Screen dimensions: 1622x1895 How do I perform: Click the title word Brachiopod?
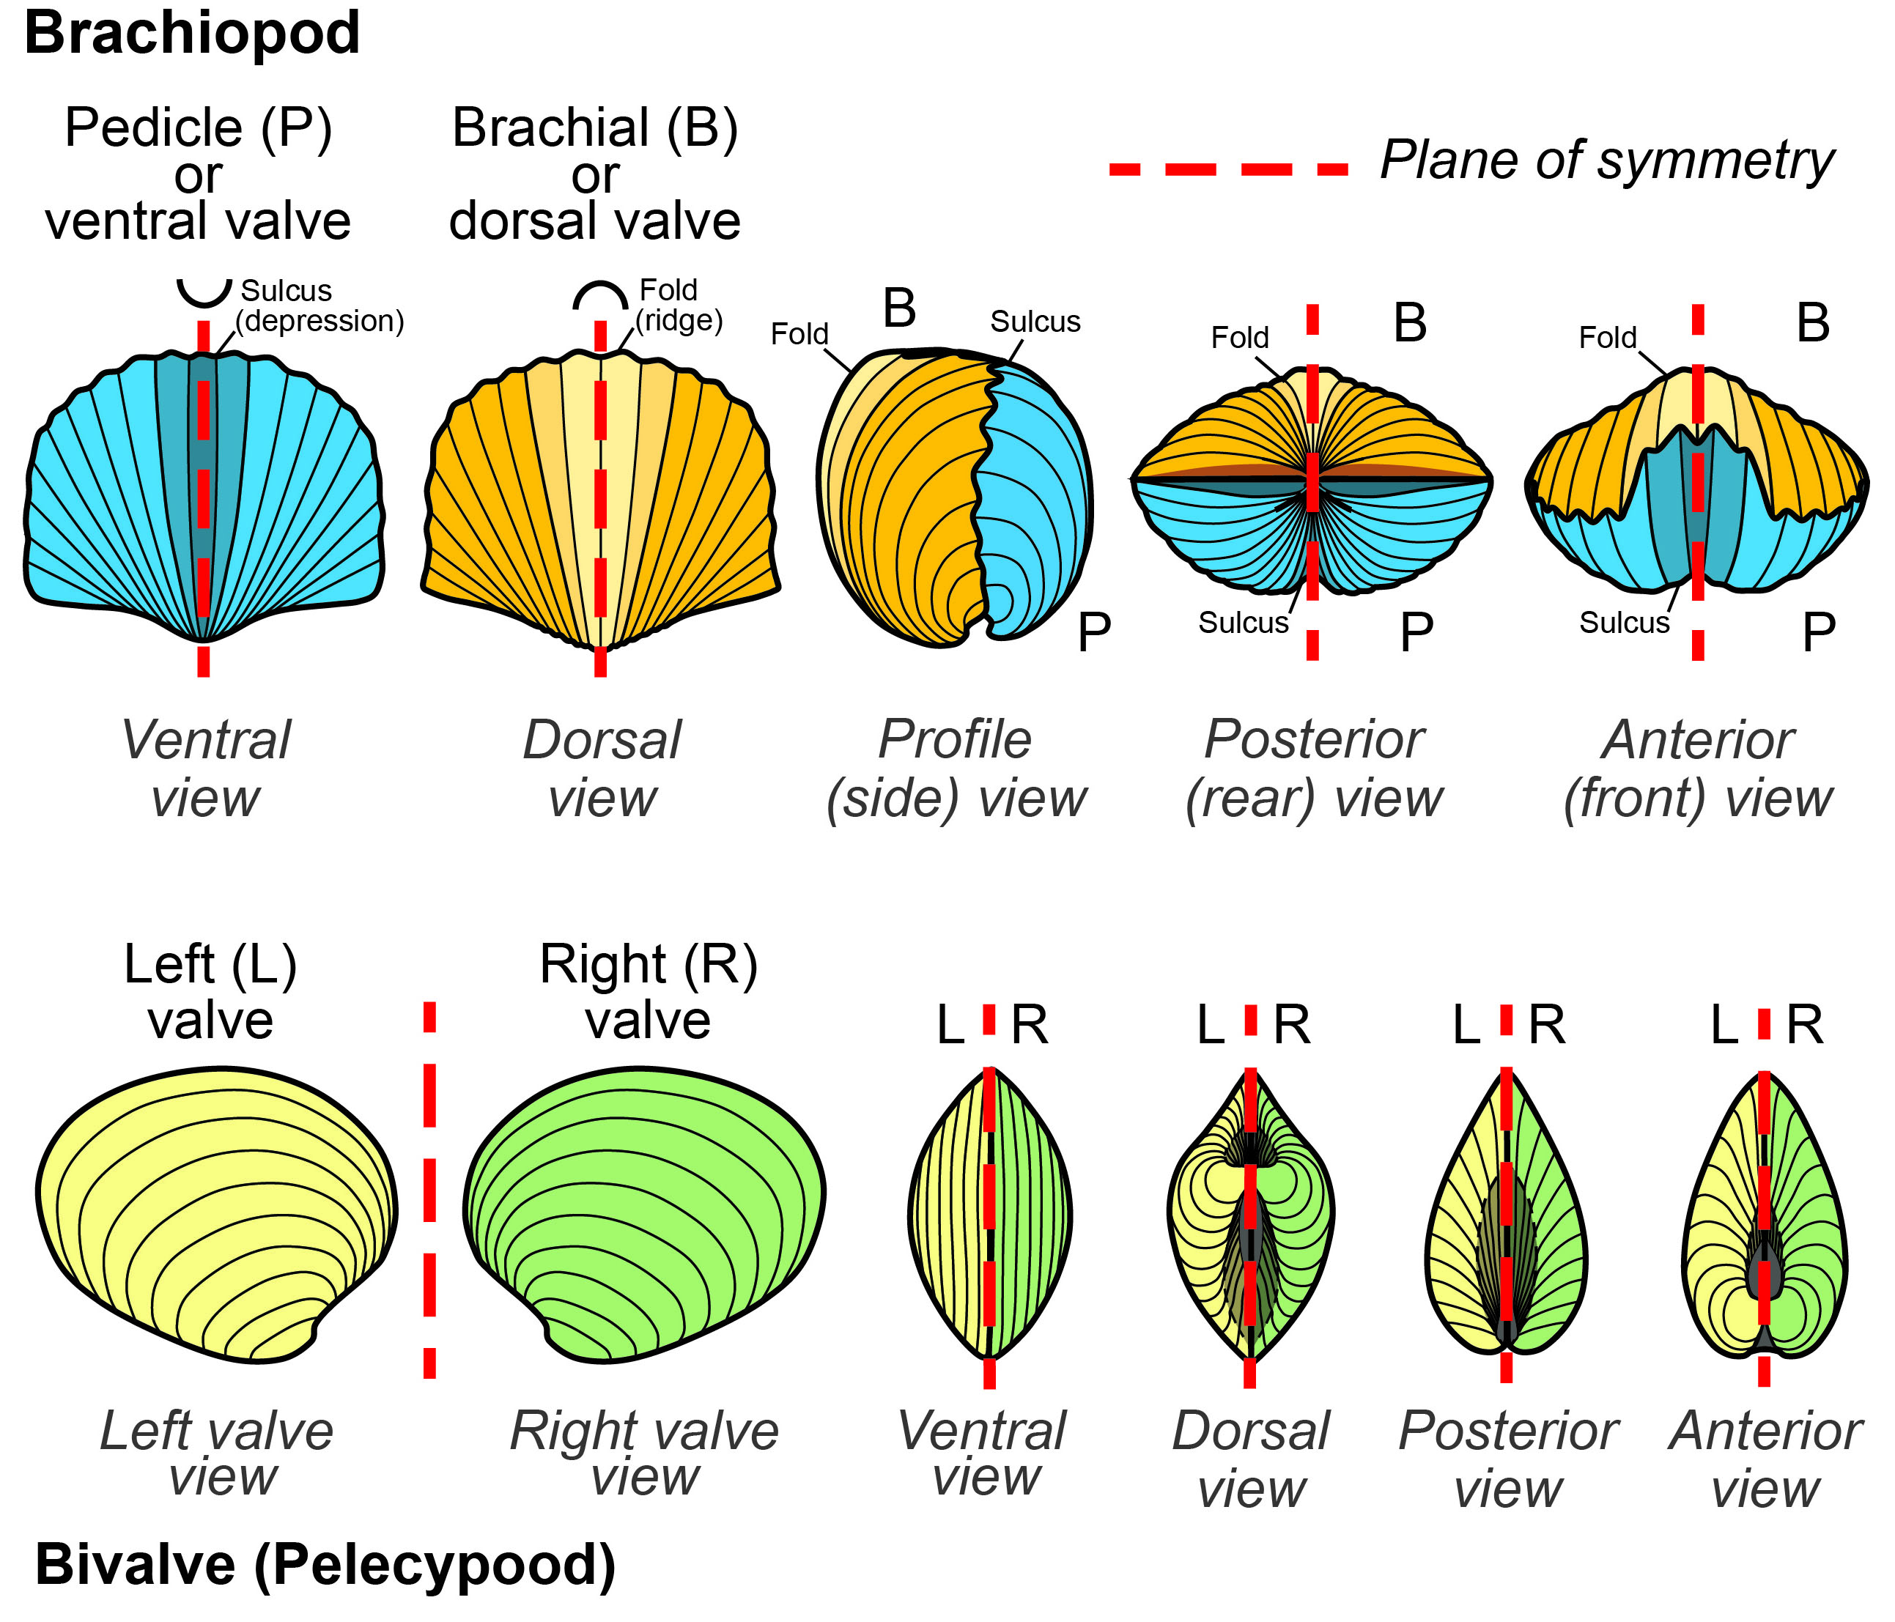click(192, 34)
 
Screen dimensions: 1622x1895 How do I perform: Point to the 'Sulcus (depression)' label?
click(318, 306)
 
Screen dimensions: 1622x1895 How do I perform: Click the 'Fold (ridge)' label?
click(678, 305)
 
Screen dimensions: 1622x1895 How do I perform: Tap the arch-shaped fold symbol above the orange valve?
click(600, 295)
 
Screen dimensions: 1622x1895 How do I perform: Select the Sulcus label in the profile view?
click(1035, 322)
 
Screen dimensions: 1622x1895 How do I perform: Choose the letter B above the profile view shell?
click(899, 308)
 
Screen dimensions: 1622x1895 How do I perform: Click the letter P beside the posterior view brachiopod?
click(1416, 631)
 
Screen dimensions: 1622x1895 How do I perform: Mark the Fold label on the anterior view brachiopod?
click(1607, 338)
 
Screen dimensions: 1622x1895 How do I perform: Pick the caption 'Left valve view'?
click(218, 1453)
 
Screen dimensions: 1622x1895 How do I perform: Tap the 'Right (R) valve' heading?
click(649, 992)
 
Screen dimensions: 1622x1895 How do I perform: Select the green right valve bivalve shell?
click(645, 1212)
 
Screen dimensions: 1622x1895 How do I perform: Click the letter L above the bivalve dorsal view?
click(1210, 1025)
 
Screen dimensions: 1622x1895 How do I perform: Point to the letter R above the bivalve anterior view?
click(1804, 1025)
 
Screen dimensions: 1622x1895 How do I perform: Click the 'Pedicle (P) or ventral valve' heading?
click(199, 174)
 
